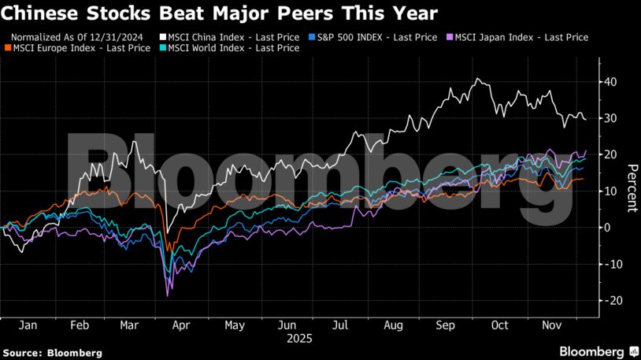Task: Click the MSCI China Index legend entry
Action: click(228, 37)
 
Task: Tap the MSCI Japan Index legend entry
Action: click(517, 37)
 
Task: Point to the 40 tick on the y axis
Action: click(610, 82)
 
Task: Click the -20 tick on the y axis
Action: click(610, 301)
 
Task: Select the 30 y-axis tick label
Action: click(610, 118)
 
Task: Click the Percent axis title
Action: click(631, 188)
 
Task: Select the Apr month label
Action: click(180, 324)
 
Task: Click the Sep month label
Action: click(446, 324)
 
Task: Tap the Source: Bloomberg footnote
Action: click(52, 353)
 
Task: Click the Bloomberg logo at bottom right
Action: click(598, 351)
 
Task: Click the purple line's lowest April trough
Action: click(168, 295)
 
